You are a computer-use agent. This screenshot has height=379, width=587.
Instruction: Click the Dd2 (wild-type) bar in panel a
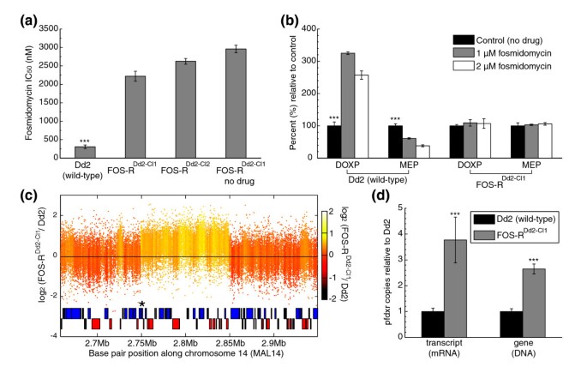87,152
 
